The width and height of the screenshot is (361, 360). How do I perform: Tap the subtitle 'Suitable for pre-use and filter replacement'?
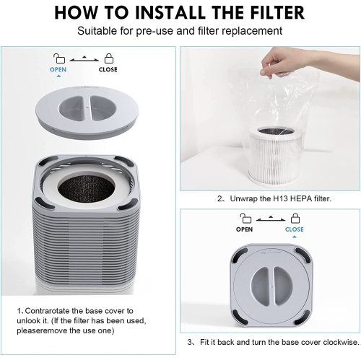click(x=180, y=32)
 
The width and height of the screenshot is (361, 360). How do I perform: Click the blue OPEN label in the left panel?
click(x=58, y=70)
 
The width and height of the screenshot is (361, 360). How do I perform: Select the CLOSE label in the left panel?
click(x=108, y=70)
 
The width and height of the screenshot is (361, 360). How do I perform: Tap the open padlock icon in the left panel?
click(x=58, y=58)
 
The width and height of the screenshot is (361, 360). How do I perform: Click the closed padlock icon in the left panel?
click(x=108, y=58)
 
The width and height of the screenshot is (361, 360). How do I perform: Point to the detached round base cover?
click(x=87, y=109)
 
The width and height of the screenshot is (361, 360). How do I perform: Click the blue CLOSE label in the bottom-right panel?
click(x=294, y=229)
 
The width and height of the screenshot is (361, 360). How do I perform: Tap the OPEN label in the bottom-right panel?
click(x=244, y=229)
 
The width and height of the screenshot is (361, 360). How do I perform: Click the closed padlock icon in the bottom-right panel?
click(x=294, y=217)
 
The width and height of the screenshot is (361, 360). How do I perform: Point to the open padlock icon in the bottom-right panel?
click(x=244, y=217)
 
